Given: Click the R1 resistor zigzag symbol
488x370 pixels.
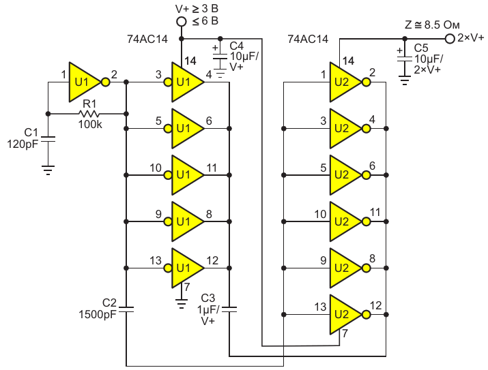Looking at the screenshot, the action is tap(89, 114).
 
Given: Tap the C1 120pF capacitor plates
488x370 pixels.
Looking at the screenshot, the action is tap(48, 140).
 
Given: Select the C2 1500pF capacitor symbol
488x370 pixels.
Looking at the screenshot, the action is tap(126, 309).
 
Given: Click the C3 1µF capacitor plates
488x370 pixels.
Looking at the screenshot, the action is tap(229, 309).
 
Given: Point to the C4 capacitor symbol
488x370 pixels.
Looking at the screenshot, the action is tap(220, 57).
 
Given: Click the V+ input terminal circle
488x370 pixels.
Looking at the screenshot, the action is tap(181, 22).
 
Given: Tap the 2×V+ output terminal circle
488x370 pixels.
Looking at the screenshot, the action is tap(450, 39).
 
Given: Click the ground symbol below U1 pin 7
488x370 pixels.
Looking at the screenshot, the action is tap(181, 303).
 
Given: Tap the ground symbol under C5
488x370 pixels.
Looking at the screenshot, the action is tap(404, 80).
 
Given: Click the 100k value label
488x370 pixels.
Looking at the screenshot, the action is tap(90, 125).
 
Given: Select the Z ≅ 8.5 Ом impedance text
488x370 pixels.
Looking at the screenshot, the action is tap(432, 25).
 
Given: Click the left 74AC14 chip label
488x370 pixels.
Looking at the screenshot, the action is tap(147, 39).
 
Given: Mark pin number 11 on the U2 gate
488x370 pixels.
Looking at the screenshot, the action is tap(375, 213).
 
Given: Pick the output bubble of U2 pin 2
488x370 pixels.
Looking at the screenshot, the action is tap(367, 82).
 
